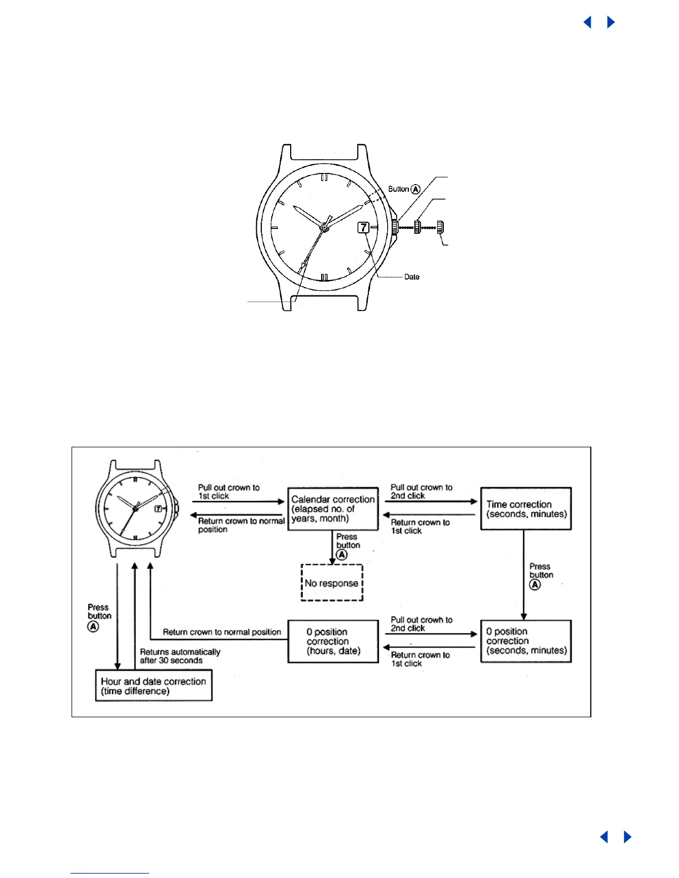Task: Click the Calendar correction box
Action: pyautogui.click(x=333, y=509)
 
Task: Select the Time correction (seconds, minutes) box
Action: pyautogui.click(x=526, y=509)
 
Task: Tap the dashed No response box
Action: pyautogui.click(x=332, y=583)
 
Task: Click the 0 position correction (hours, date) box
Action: pyautogui.click(x=333, y=641)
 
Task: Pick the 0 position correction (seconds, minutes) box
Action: pyautogui.click(x=526, y=641)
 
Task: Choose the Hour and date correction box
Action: pyautogui.click(x=154, y=686)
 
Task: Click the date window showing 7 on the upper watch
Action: pyautogui.click(x=363, y=227)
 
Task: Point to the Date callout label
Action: pyautogui.click(x=412, y=277)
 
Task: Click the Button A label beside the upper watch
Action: pyautogui.click(x=404, y=189)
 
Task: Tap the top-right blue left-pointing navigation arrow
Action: pyautogui.click(x=587, y=22)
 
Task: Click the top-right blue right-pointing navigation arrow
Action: pyautogui.click(x=611, y=22)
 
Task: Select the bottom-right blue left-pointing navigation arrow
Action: pyautogui.click(x=604, y=837)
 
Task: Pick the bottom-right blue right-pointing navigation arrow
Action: pyautogui.click(x=627, y=837)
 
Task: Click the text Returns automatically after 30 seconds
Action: pyautogui.click(x=180, y=656)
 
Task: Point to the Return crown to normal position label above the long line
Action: pyautogui.click(x=222, y=632)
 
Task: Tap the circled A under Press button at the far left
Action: pyautogui.click(x=93, y=626)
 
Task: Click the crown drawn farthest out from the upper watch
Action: pyautogui.click(x=440, y=227)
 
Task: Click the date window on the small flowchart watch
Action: pyautogui.click(x=158, y=508)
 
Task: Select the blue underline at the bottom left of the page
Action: pyautogui.click(x=110, y=874)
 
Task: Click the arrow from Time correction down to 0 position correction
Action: pyautogui.click(x=524, y=576)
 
